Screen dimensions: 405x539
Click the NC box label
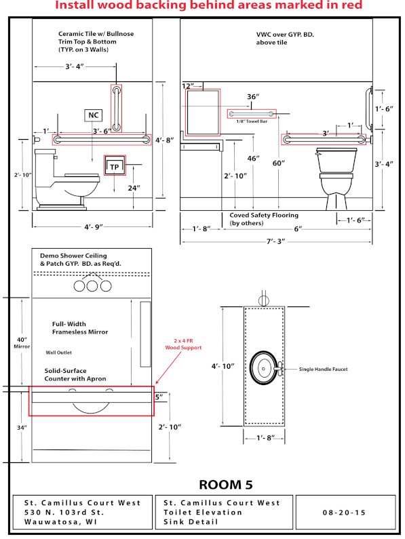[93, 115]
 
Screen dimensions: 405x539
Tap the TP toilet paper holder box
[115, 166]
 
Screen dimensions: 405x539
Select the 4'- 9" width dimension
[94, 227]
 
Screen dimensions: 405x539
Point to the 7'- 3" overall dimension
[276, 241]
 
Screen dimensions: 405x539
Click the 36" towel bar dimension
[253, 96]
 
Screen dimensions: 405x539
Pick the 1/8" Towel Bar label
[252, 121]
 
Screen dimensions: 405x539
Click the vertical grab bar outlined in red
[116, 108]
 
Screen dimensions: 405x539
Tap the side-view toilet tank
[45, 164]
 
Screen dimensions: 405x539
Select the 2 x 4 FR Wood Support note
[183, 344]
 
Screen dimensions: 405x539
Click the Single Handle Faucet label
[323, 370]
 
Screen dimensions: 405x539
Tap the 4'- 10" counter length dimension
[223, 366]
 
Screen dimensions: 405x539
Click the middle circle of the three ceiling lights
[92, 285]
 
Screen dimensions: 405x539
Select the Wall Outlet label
[58, 353]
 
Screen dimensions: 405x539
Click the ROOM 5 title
[226, 485]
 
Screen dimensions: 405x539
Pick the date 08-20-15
[344, 513]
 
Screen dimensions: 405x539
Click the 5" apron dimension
[159, 397]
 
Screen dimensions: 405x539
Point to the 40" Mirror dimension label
[22, 343]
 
